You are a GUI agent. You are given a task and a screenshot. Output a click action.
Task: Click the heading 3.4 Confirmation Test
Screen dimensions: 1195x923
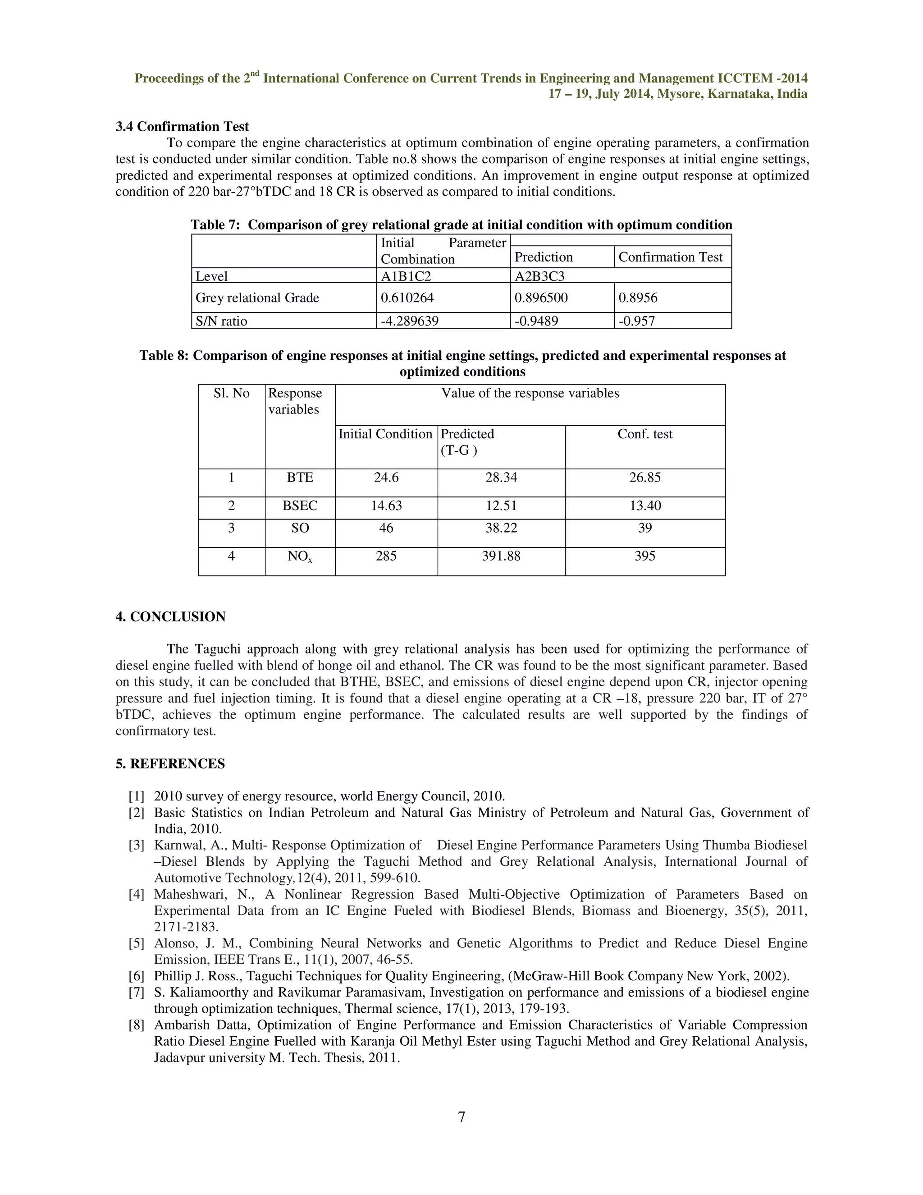tap(182, 127)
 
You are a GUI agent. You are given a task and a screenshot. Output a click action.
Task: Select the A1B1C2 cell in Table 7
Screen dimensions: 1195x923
tap(406, 276)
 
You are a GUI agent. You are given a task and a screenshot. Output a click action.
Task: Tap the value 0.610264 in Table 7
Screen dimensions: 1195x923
tap(406, 298)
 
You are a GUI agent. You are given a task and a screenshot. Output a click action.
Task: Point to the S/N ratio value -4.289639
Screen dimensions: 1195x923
tap(410, 321)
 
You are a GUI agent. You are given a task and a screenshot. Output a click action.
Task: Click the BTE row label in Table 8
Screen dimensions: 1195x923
tap(300, 478)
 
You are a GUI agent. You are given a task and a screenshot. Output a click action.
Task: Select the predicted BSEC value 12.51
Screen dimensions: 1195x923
tap(501, 506)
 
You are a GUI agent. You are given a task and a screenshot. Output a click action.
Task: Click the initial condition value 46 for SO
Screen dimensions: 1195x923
tap(386, 528)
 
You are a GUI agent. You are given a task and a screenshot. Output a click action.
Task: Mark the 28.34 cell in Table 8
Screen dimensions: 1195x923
tap(501, 478)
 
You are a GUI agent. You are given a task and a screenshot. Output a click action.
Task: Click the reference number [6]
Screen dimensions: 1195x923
tap(137, 976)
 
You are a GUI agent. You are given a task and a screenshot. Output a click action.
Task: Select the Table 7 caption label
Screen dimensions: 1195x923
tap(215, 225)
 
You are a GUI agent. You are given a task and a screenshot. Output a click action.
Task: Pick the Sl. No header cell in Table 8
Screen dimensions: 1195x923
tap(231, 393)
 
